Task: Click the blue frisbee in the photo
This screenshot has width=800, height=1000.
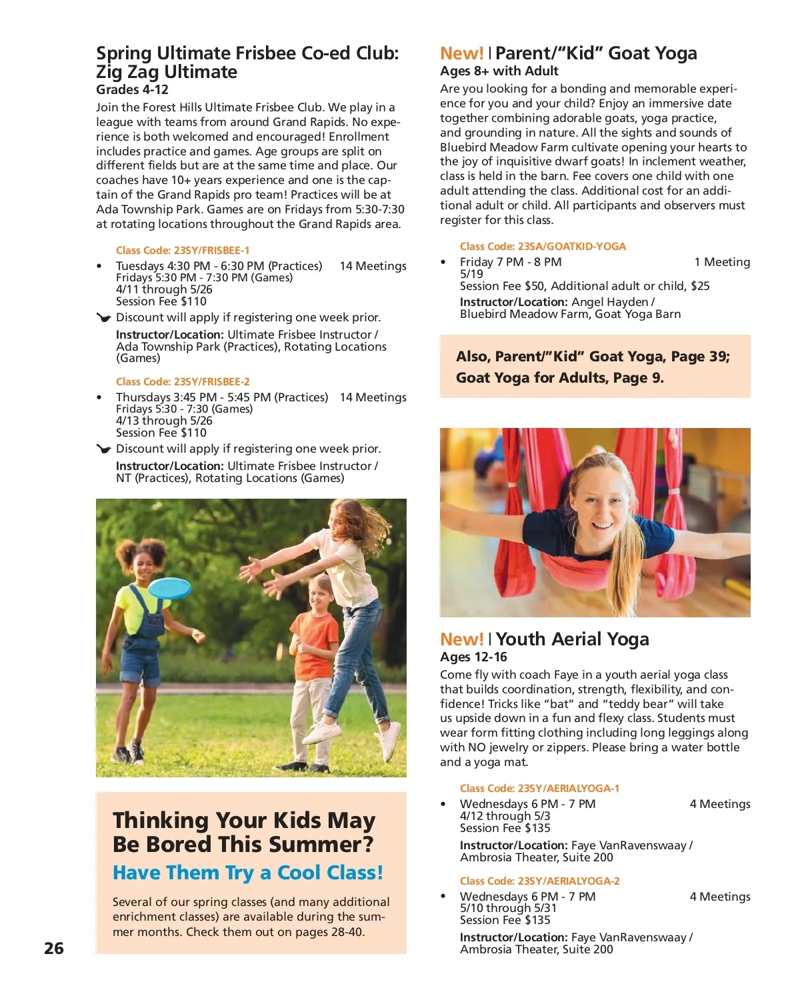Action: (x=169, y=588)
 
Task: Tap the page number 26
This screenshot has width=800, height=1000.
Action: (x=54, y=948)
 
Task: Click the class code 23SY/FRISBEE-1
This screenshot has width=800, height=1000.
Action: (x=183, y=251)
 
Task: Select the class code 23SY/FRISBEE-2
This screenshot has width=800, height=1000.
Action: (x=183, y=382)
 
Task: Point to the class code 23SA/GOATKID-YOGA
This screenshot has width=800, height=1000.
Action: (x=543, y=247)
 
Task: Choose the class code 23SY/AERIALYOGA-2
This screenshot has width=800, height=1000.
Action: (x=539, y=881)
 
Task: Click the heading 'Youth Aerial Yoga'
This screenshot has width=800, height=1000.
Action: (x=572, y=639)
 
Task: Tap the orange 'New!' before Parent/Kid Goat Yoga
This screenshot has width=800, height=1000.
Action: (x=461, y=53)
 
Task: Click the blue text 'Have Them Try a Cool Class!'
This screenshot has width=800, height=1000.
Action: (x=248, y=873)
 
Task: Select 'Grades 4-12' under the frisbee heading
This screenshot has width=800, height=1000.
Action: (x=132, y=90)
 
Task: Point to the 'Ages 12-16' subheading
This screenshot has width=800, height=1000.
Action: (x=473, y=657)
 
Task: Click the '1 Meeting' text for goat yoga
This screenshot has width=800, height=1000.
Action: (x=722, y=262)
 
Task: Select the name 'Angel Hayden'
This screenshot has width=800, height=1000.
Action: (x=609, y=302)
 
